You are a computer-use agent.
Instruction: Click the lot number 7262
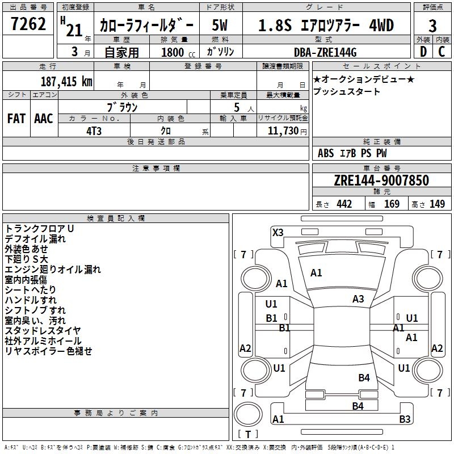(x=28, y=24)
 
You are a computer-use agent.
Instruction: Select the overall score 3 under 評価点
(x=432, y=26)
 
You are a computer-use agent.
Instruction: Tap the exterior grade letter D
(x=423, y=52)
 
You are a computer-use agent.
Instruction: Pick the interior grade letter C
(x=442, y=52)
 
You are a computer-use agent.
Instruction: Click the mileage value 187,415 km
(x=66, y=81)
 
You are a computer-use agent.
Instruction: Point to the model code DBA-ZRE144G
(x=325, y=52)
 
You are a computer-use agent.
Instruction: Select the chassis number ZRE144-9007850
(x=381, y=180)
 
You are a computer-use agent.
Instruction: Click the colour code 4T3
(x=94, y=131)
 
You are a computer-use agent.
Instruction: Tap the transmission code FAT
(x=16, y=119)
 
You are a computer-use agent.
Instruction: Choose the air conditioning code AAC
(x=44, y=119)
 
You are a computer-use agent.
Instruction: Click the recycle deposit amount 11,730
(x=283, y=131)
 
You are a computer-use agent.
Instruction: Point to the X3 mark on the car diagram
(x=278, y=232)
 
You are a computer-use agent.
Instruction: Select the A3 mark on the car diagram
(x=358, y=299)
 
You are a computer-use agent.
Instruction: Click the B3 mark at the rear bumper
(x=405, y=419)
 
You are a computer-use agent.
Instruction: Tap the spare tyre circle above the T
(x=248, y=414)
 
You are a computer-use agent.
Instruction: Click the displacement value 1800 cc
(x=178, y=52)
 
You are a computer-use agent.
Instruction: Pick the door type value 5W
(x=220, y=25)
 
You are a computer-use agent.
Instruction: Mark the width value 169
(x=392, y=204)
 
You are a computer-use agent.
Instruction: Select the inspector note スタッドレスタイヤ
(x=43, y=330)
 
